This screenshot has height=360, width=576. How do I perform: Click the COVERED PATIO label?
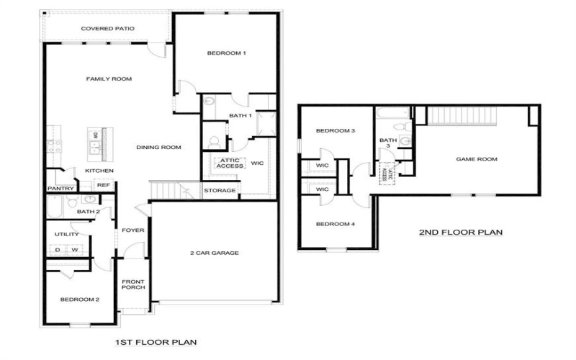[108, 29]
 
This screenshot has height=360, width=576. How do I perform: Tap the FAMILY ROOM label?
[109, 78]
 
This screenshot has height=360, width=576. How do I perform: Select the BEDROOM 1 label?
[227, 53]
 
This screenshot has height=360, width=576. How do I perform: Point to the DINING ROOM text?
[158, 148]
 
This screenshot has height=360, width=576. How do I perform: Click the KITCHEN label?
[99, 171]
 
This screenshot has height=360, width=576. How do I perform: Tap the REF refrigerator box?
[103, 185]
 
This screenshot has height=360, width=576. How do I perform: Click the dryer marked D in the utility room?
[58, 250]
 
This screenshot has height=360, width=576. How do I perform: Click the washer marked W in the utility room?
[74, 250]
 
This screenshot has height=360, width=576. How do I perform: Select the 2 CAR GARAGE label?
[215, 253]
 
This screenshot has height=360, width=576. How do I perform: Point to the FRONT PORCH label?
[133, 284]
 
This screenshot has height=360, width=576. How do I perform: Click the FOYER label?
[133, 230]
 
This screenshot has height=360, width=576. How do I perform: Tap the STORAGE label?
[220, 191]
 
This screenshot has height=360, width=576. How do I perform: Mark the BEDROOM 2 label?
[79, 299]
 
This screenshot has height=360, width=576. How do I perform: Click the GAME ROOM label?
[477, 159]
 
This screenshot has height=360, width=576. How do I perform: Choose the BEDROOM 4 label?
[336, 224]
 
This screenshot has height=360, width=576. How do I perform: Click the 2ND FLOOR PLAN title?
[461, 233]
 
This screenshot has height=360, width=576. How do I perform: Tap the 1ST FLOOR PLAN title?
[156, 342]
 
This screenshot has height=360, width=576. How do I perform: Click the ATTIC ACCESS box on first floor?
[230, 163]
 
